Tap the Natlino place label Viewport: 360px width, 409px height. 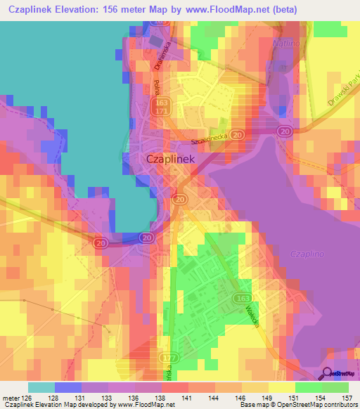282,44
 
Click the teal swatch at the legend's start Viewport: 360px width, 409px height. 41,387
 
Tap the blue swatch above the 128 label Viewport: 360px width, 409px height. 67,387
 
